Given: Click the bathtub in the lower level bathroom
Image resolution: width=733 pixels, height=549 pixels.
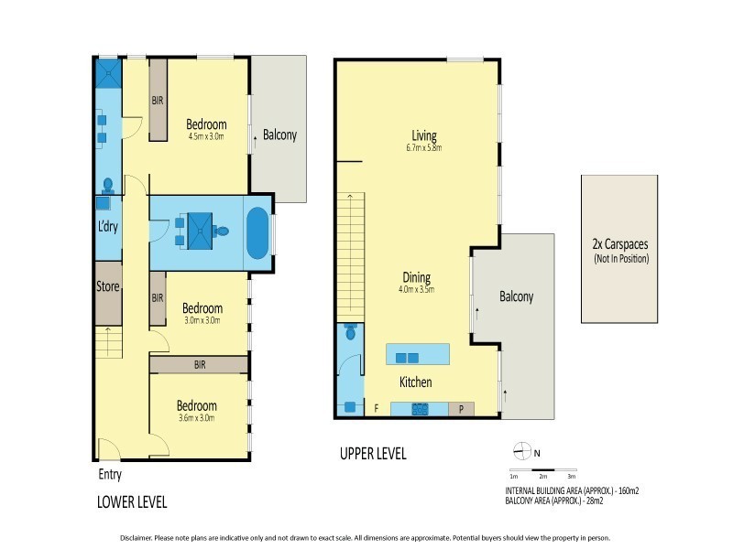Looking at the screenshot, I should coord(257,234).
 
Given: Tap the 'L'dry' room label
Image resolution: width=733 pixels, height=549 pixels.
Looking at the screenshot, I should coord(107,226).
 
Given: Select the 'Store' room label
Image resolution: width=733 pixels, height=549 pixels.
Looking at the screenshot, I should coord(108,286).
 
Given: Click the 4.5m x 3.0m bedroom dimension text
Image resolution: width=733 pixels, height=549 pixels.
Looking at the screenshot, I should coord(206,137).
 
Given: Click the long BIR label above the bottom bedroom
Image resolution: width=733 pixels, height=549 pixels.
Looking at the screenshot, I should coord(200,364).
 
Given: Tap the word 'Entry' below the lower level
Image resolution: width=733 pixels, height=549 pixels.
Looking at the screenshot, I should coord(109,475).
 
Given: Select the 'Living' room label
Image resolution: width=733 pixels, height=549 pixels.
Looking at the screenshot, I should coord(423,136).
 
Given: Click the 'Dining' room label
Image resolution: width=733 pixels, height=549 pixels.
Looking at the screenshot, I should coord(416,277).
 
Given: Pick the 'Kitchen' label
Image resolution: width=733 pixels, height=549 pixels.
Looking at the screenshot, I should coord(414,382).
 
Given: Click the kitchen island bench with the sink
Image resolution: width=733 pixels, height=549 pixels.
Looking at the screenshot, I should coord(418,355).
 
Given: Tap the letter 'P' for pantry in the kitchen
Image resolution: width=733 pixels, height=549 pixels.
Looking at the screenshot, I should coord(461,409).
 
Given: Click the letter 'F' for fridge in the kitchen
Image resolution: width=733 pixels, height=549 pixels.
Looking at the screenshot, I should coord(375,408).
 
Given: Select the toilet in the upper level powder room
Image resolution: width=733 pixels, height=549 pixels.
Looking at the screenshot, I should coord(350,334).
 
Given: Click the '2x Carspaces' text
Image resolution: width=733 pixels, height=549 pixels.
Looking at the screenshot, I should coord(619,245).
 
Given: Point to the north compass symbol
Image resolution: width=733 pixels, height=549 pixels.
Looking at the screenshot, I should coord(522,450).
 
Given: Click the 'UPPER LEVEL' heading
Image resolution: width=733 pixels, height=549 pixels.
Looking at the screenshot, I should coord(373,454).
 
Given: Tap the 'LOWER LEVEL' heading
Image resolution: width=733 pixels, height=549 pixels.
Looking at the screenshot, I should coord(132,502).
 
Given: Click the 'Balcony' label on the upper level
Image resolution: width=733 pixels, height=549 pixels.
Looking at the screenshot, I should coord(516,296).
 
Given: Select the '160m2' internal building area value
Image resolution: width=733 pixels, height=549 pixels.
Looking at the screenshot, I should coord(627,491).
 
